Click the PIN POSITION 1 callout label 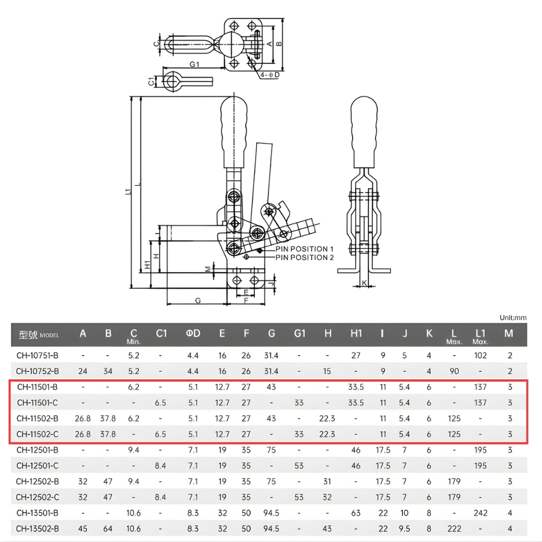pyautogui.click(x=305, y=249)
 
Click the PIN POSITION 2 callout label pyautogui.click(x=305, y=257)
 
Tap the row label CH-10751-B pyautogui.click(x=37, y=356)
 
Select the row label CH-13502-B pyautogui.click(x=37, y=528)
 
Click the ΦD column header pyautogui.click(x=193, y=333)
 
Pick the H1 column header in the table pyautogui.click(x=356, y=333)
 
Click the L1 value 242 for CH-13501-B pyautogui.click(x=480, y=513)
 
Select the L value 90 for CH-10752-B pyautogui.click(x=454, y=371)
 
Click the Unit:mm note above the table pyautogui.click(x=513, y=317)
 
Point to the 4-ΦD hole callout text pyautogui.click(x=269, y=75)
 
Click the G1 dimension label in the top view pyautogui.click(x=195, y=64)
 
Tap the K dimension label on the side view pyautogui.click(x=364, y=283)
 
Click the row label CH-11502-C pyautogui.click(x=37, y=434)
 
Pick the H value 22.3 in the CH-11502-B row pyautogui.click(x=328, y=418)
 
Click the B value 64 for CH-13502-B pyautogui.click(x=108, y=528)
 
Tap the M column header pyautogui.click(x=508, y=333)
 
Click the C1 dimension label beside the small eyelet pyautogui.click(x=152, y=81)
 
